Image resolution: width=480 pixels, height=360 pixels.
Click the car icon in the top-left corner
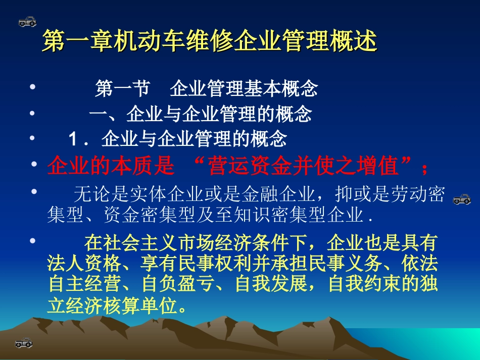coord(27,21)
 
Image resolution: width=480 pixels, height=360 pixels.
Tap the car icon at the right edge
coord(461,199)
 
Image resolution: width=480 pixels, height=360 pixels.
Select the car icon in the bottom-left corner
coord(24,343)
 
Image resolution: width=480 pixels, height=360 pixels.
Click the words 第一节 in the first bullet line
coord(122,90)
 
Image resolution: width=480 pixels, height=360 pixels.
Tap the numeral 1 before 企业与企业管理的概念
coord(74,139)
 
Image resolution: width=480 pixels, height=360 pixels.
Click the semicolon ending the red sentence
coord(425,167)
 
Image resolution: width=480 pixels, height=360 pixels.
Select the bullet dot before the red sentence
coord(34,164)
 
